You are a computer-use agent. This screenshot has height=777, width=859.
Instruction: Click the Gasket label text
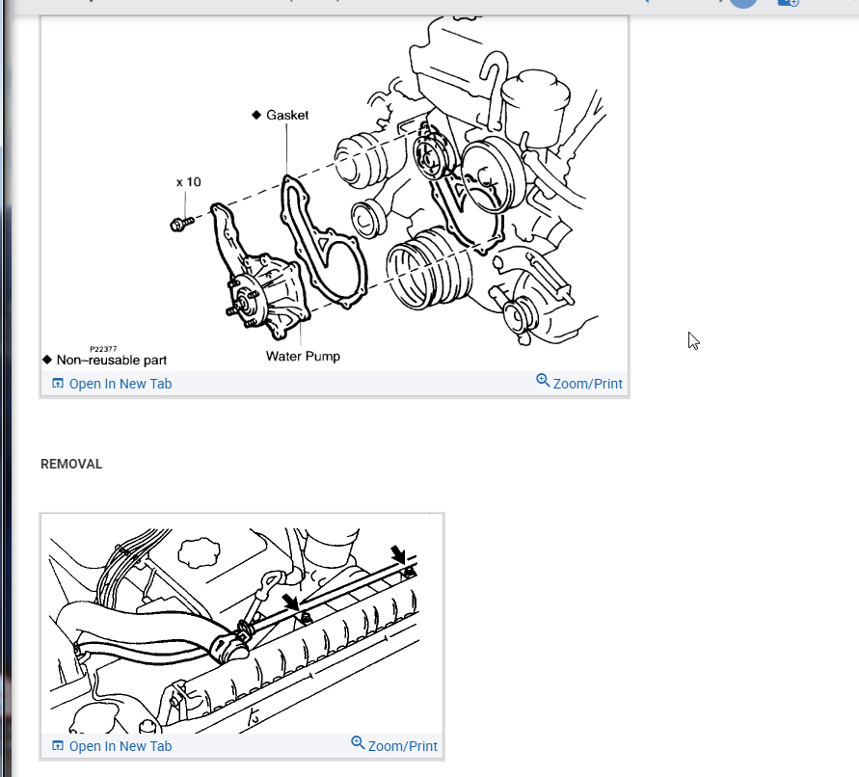(x=287, y=115)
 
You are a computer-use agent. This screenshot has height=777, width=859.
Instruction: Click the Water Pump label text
(x=303, y=356)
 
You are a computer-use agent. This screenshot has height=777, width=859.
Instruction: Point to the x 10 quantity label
(x=189, y=181)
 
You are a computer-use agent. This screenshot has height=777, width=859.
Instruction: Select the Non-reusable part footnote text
(x=112, y=360)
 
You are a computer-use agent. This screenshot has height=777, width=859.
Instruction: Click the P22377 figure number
(x=103, y=349)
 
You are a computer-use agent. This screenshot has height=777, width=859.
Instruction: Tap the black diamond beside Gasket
(x=256, y=115)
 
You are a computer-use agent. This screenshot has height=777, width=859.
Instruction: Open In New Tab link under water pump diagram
(x=112, y=384)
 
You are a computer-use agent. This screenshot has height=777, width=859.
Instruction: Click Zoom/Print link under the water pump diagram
(x=579, y=383)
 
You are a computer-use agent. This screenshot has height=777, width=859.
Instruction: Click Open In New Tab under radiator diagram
(x=112, y=746)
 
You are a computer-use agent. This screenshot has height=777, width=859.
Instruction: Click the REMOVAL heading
(x=71, y=464)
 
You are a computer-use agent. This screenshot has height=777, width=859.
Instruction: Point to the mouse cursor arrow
(x=693, y=340)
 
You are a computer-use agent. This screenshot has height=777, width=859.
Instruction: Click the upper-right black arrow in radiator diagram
(x=398, y=554)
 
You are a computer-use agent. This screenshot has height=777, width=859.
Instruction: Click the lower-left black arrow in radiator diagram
(x=290, y=603)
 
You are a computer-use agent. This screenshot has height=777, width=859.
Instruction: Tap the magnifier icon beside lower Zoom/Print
(x=358, y=743)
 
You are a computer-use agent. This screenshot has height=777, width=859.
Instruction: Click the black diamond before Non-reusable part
(x=47, y=360)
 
